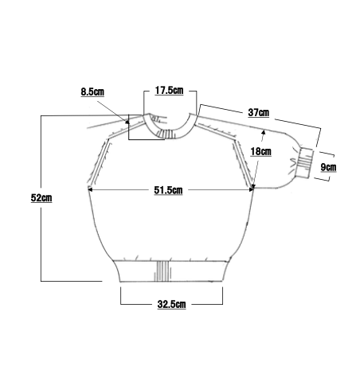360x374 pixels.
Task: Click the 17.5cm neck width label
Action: pyautogui.click(x=169, y=91)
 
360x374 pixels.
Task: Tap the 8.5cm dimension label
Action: pyautogui.click(x=92, y=92)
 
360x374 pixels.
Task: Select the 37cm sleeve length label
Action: pyautogui.click(x=259, y=112)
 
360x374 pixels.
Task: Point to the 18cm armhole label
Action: pyautogui.click(x=261, y=151)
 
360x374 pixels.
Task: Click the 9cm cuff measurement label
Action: pyautogui.click(x=328, y=167)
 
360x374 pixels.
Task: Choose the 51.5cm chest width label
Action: pyautogui.click(x=168, y=190)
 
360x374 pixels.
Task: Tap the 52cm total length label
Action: pyautogui.click(x=41, y=197)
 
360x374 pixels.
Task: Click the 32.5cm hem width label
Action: pyautogui.click(x=171, y=304)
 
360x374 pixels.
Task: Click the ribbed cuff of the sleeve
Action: pyautogui.click(x=306, y=163)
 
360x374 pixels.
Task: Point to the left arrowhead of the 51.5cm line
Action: pyautogui.click(x=90, y=189)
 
